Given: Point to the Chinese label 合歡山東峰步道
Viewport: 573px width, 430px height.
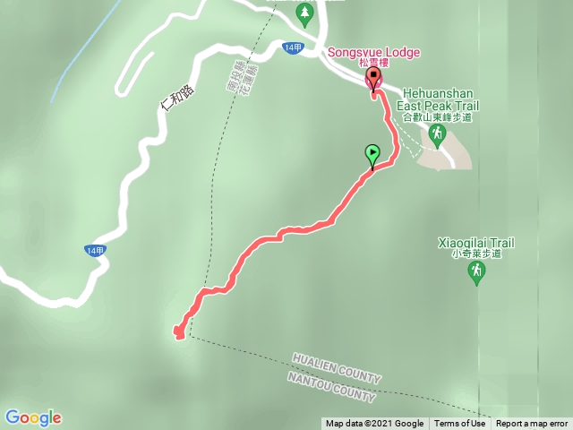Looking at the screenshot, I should (437, 116).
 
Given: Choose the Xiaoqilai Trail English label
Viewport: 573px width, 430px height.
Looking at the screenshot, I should (476, 242).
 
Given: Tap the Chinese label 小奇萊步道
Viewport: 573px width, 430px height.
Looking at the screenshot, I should (476, 254).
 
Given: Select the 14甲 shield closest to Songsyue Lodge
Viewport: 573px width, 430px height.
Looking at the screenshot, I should (293, 47).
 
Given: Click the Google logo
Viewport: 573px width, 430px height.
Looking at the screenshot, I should (33, 417).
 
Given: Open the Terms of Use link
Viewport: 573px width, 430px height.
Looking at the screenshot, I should (460, 424).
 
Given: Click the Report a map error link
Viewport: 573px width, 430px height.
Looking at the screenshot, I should (532, 424).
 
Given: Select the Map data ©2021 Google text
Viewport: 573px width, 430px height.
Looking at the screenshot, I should (374, 424).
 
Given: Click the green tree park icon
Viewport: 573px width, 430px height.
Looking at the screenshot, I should (304, 12).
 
